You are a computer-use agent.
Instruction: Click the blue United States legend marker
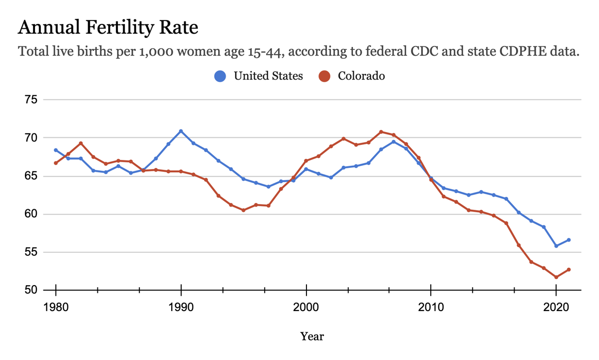[x=220, y=76]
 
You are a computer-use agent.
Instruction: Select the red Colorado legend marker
[x=325, y=76]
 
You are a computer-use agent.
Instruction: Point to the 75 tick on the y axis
[x=31, y=100]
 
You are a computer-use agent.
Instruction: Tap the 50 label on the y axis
[x=31, y=290]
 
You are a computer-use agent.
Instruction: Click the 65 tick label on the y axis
[x=31, y=176]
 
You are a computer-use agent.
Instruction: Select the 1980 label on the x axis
[x=56, y=308]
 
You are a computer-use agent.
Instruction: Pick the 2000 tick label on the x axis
[x=306, y=308]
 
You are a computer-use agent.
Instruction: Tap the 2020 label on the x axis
[x=556, y=308]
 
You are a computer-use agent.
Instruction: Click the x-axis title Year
[x=312, y=336]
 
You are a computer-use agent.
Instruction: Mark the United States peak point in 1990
[x=181, y=131]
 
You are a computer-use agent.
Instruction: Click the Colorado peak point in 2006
[x=381, y=132]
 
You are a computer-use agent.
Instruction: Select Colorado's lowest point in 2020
[x=556, y=277]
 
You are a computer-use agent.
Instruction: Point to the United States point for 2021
[x=569, y=240]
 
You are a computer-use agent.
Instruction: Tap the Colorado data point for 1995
[x=244, y=210]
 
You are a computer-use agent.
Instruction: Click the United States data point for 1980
[x=56, y=150]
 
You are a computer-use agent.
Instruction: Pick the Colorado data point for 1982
[x=81, y=143]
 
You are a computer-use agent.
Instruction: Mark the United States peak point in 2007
[x=393, y=142]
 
